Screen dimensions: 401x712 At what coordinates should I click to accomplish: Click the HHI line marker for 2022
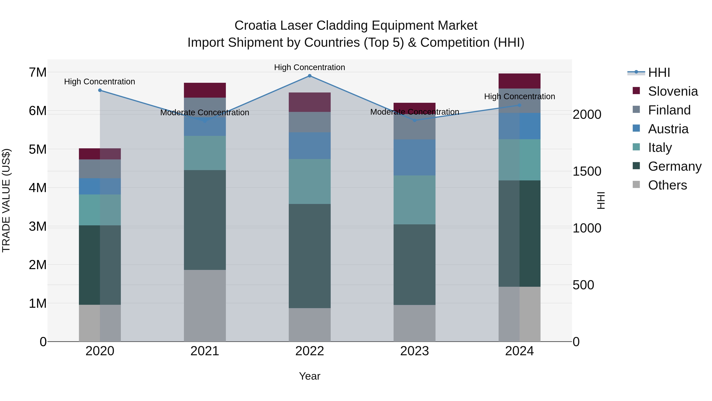coord(310,76)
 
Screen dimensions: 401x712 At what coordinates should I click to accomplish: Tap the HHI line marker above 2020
coord(100,90)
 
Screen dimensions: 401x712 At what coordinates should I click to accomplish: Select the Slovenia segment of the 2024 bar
coord(519,81)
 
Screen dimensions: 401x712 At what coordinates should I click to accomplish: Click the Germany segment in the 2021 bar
coord(205,220)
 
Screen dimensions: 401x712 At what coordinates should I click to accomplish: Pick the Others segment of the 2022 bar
coord(310,325)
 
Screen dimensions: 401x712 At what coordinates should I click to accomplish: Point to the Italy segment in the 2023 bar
coord(414,200)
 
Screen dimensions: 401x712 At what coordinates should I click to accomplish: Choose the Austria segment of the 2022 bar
coord(310,146)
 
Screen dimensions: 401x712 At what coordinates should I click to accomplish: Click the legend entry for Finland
coord(669,110)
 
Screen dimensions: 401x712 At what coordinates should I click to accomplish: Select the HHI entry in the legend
coord(659,72)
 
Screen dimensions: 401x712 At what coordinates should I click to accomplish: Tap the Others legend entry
coord(667,185)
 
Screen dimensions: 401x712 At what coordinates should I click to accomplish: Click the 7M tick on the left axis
coord(38,72)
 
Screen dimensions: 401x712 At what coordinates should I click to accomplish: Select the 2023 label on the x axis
coord(414,351)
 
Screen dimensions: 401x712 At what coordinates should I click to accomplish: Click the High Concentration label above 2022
coord(310,67)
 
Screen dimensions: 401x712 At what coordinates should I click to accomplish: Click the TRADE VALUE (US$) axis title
coord(6,200)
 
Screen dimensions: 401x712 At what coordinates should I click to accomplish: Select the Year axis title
coord(310,376)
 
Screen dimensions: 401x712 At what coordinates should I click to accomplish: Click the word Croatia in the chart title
coord(255,26)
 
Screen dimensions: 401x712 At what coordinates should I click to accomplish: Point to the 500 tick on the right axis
coord(583,285)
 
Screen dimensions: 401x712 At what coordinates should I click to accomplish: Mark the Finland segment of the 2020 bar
coord(100,169)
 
